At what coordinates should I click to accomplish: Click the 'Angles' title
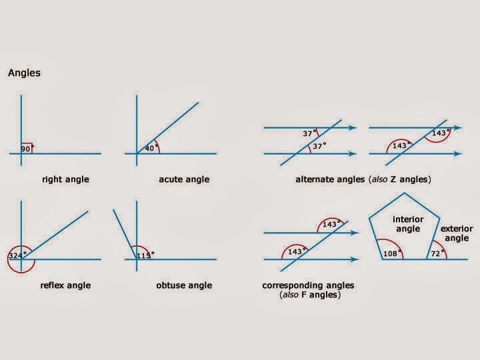[24, 73]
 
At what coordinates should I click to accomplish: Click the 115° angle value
[145, 254]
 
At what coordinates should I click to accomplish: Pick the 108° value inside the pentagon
[391, 254]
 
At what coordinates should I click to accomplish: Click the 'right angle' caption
[65, 179]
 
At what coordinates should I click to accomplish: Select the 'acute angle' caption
[184, 179]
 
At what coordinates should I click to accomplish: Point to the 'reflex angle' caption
[65, 285]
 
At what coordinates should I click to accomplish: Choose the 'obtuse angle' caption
[183, 285]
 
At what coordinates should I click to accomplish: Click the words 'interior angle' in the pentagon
[408, 224]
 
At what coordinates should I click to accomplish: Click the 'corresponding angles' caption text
[308, 285]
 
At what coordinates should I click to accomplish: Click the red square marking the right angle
[27, 147]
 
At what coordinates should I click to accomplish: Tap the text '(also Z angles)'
[399, 179]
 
